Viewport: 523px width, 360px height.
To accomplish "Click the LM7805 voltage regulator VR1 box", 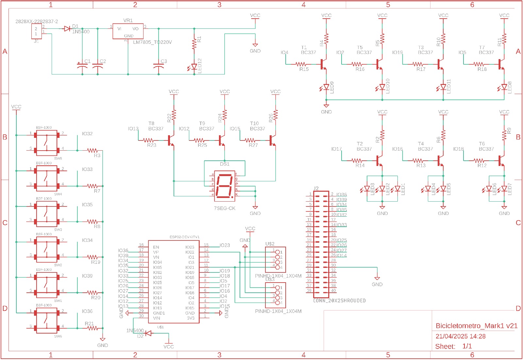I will [128, 31].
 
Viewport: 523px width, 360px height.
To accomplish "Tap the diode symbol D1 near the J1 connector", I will [67, 29].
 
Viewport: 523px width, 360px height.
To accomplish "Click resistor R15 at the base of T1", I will [301, 64].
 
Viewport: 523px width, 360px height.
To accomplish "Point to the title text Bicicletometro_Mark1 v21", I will [477, 326].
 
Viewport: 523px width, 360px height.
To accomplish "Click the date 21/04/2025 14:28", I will [460, 336].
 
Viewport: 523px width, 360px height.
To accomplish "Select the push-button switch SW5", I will [46, 142].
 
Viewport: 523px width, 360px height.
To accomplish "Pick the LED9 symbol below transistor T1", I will [326, 87].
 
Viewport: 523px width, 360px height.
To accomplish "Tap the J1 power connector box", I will [36, 31].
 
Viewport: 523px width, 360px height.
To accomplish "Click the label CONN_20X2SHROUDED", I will [339, 301].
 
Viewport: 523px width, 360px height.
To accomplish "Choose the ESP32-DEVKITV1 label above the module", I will [184, 237].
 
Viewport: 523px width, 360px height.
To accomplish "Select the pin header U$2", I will [276, 260].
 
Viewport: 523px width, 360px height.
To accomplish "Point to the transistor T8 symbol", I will [171, 140].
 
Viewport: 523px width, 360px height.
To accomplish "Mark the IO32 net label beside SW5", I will [87, 134].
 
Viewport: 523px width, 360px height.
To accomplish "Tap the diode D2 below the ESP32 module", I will [148, 333].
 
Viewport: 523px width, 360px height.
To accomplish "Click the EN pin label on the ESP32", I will [156, 247].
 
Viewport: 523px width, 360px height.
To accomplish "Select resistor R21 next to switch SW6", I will [93, 328].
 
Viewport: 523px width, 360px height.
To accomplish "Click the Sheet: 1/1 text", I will [453, 346].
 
